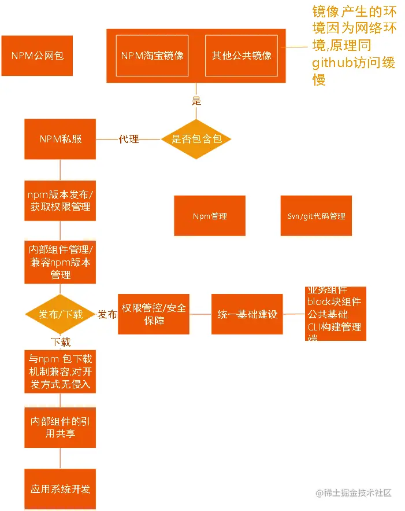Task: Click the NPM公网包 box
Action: (x=37, y=56)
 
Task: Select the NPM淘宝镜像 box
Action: (x=153, y=56)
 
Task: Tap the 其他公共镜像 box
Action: (x=241, y=56)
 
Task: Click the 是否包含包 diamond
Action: (x=196, y=139)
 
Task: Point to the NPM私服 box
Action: (x=60, y=139)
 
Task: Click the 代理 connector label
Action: (x=128, y=139)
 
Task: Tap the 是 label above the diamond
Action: (x=196, y=101)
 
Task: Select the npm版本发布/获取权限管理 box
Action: (x=60, y=200)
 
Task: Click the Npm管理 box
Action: (x=210, y=216)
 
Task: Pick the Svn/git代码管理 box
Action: (x=316, y=216)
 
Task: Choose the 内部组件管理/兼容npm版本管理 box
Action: (x=60, y=262)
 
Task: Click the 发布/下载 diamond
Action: (x=60, y=314)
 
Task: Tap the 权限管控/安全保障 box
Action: (x=154, y=314)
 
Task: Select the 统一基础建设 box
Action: (x=247, y=314)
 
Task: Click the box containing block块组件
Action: (x=335, y=314)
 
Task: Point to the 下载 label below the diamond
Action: (x=60, y=342)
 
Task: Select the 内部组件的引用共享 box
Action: (x=60, y=427)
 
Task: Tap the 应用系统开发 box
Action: (x=60, y=489)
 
